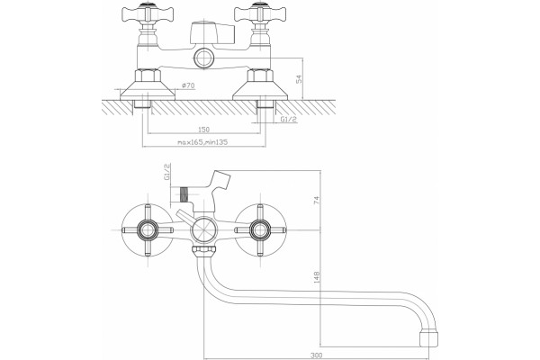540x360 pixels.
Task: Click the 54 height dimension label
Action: [299, 79]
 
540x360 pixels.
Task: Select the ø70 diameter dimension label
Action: [188, 85]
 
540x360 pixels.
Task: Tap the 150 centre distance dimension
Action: [203, 130]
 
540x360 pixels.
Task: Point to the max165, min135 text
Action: [202, 142]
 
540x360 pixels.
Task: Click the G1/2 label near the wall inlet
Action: [289, 119]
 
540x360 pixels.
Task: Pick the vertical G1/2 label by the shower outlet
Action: [166, 172]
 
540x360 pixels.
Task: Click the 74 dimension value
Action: [317, 200]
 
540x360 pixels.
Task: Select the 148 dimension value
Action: [317, 277]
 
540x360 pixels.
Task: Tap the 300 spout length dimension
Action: [316, 355]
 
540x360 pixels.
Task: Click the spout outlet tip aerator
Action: [428, 339]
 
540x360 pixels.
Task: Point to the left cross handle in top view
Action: [148, 14]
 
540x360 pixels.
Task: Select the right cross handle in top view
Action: [260, 14]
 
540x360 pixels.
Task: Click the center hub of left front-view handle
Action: [148, 230]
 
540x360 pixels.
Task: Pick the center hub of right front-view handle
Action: [260, 230]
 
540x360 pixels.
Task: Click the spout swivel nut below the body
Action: [204, 251]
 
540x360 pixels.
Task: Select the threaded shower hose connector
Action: [184, 194]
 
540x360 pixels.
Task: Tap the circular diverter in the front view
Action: [204, 230]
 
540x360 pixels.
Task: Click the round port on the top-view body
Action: [204, 58]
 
